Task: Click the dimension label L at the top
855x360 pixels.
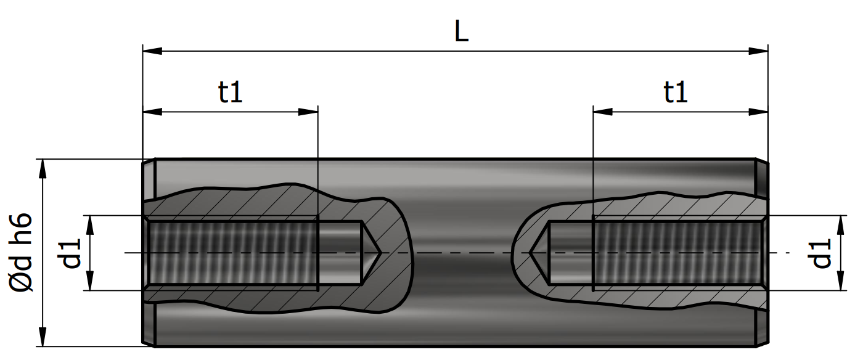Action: pyautogui.click(x=461, y=31)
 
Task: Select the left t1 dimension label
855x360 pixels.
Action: pyautogui.click(x=230, y=92)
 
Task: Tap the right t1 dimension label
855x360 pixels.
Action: pyautogui.click(x=676, y=92)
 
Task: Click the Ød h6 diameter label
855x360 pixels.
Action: pyautogui.click(x=20, y=252)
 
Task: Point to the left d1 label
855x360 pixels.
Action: pyautogui.click(x=69, y=253)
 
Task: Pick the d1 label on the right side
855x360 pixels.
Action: pyautogui.click(x=819, y=253)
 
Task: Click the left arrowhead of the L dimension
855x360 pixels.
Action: pyautogui.click(x=152, y=51)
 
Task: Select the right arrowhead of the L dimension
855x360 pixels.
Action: pyautogui.click(x=758, y=51)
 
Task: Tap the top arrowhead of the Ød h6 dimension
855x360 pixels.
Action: pyautogui.click(x=43, y=168)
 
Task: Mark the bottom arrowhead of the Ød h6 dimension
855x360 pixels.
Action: pyautogui.click(x=43, y=337)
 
